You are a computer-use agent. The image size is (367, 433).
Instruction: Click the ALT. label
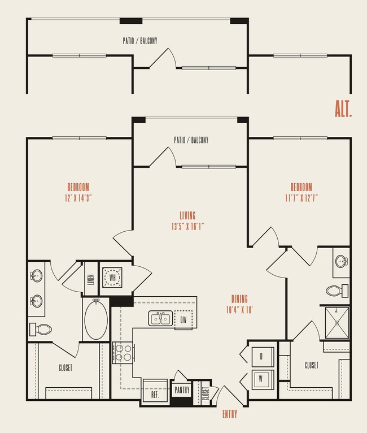pos(343,109)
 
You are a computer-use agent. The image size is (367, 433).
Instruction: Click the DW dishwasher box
pos(183,319)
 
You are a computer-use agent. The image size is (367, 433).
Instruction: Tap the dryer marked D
pos(261,357)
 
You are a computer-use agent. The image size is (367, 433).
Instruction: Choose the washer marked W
pos(261,378)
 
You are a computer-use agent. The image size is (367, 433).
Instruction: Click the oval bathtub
pos(97,320)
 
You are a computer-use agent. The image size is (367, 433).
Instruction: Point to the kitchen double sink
pos(160,319)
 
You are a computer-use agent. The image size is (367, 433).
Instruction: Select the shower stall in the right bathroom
pos(337,322)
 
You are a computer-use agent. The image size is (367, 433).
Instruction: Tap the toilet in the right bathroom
pos(335,291)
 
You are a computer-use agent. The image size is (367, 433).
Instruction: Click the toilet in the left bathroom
pos(41,329)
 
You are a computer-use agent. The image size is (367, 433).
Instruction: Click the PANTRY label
pos(182,390)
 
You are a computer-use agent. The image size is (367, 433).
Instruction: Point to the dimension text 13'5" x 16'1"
pos(187,226)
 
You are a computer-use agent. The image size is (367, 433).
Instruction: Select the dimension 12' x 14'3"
pos(78,198)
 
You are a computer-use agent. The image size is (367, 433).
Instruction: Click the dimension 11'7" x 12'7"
pos(301,198)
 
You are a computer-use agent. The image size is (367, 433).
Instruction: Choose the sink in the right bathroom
pos(341,262)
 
